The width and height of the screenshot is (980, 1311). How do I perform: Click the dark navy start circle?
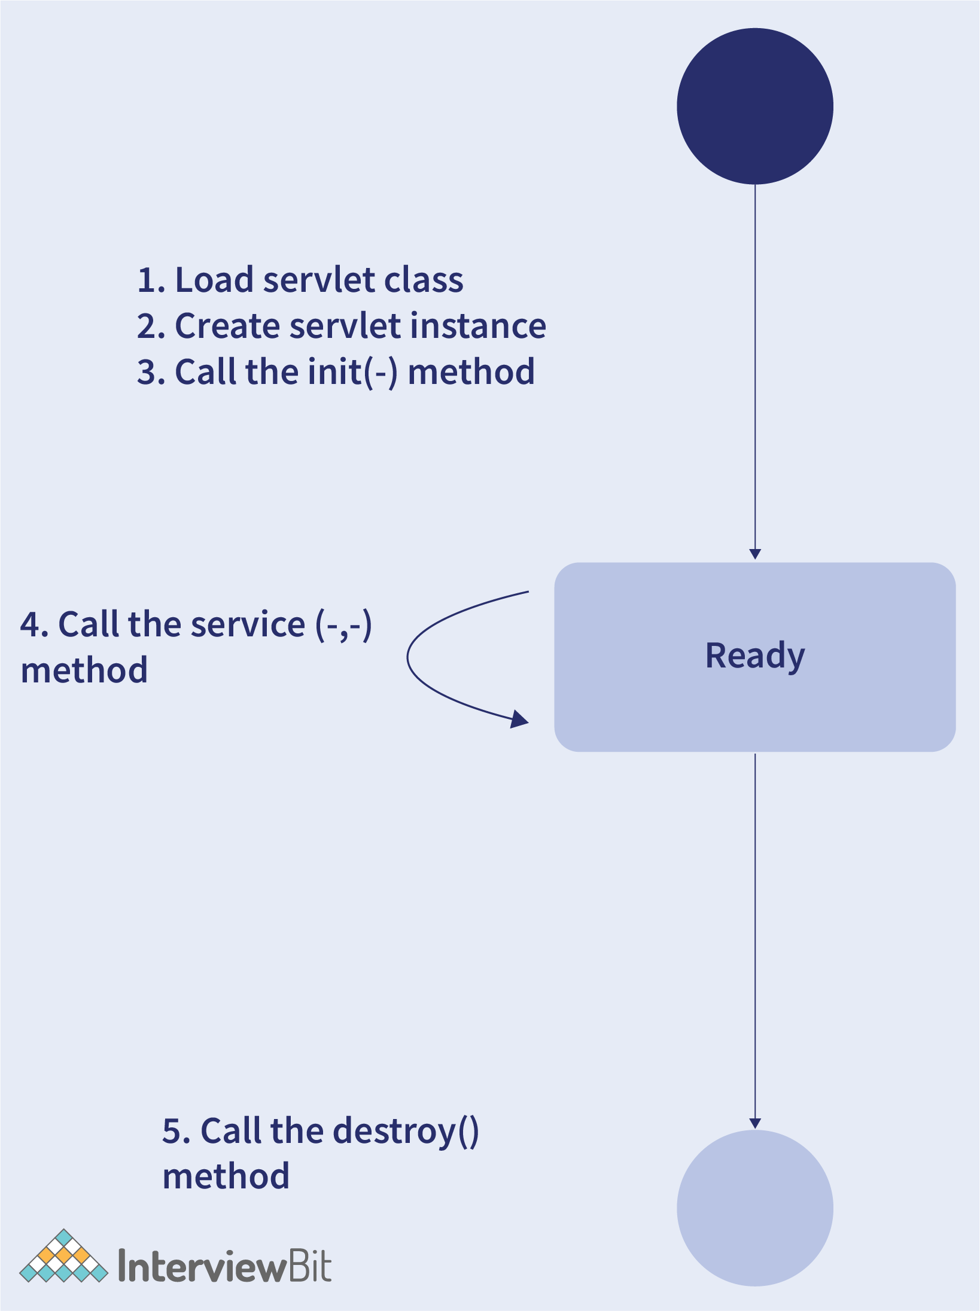pyautogui.click(x=755, y=106)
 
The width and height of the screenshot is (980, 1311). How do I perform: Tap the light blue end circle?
pyautogui.click(x=755, y=1208)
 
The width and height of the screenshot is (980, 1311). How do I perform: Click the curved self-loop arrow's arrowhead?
pyautogui.click(x=519, y=719)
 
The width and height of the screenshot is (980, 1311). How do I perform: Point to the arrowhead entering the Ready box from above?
pyautogui.click(x=755, y=554)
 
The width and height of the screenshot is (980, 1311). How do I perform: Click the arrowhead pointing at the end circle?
pyautogui.click(x=755, y=1123)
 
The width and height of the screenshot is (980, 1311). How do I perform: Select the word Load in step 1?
pyautogui.click(x=214, y=280)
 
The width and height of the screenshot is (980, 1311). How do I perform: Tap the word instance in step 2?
pyautogui.click(x=478, y=326)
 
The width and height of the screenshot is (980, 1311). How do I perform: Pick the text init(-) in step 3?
pyautogui.click(x=352, y=373)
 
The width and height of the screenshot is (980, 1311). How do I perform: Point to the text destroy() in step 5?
pyautogui.click(x=406, y=1132)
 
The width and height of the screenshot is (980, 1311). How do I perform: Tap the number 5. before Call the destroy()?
pyautogui.click(x=176, y=1132)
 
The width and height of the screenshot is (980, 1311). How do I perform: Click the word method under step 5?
pyautogui.click(x=226, y=1177)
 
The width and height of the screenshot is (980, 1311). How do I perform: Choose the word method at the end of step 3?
pyautogui.click(x=471, y=372)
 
